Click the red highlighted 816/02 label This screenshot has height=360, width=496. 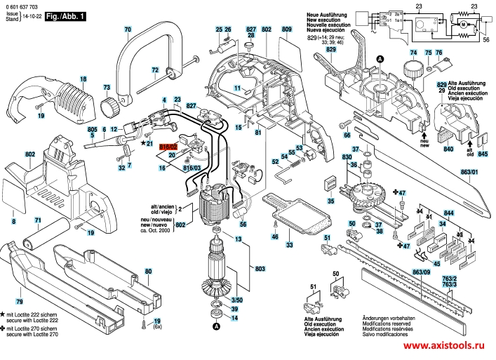point(168,147)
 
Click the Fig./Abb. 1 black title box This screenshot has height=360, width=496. point(64,15)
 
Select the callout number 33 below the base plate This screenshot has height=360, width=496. point(289,245)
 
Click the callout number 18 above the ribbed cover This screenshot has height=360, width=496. point(83,79)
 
